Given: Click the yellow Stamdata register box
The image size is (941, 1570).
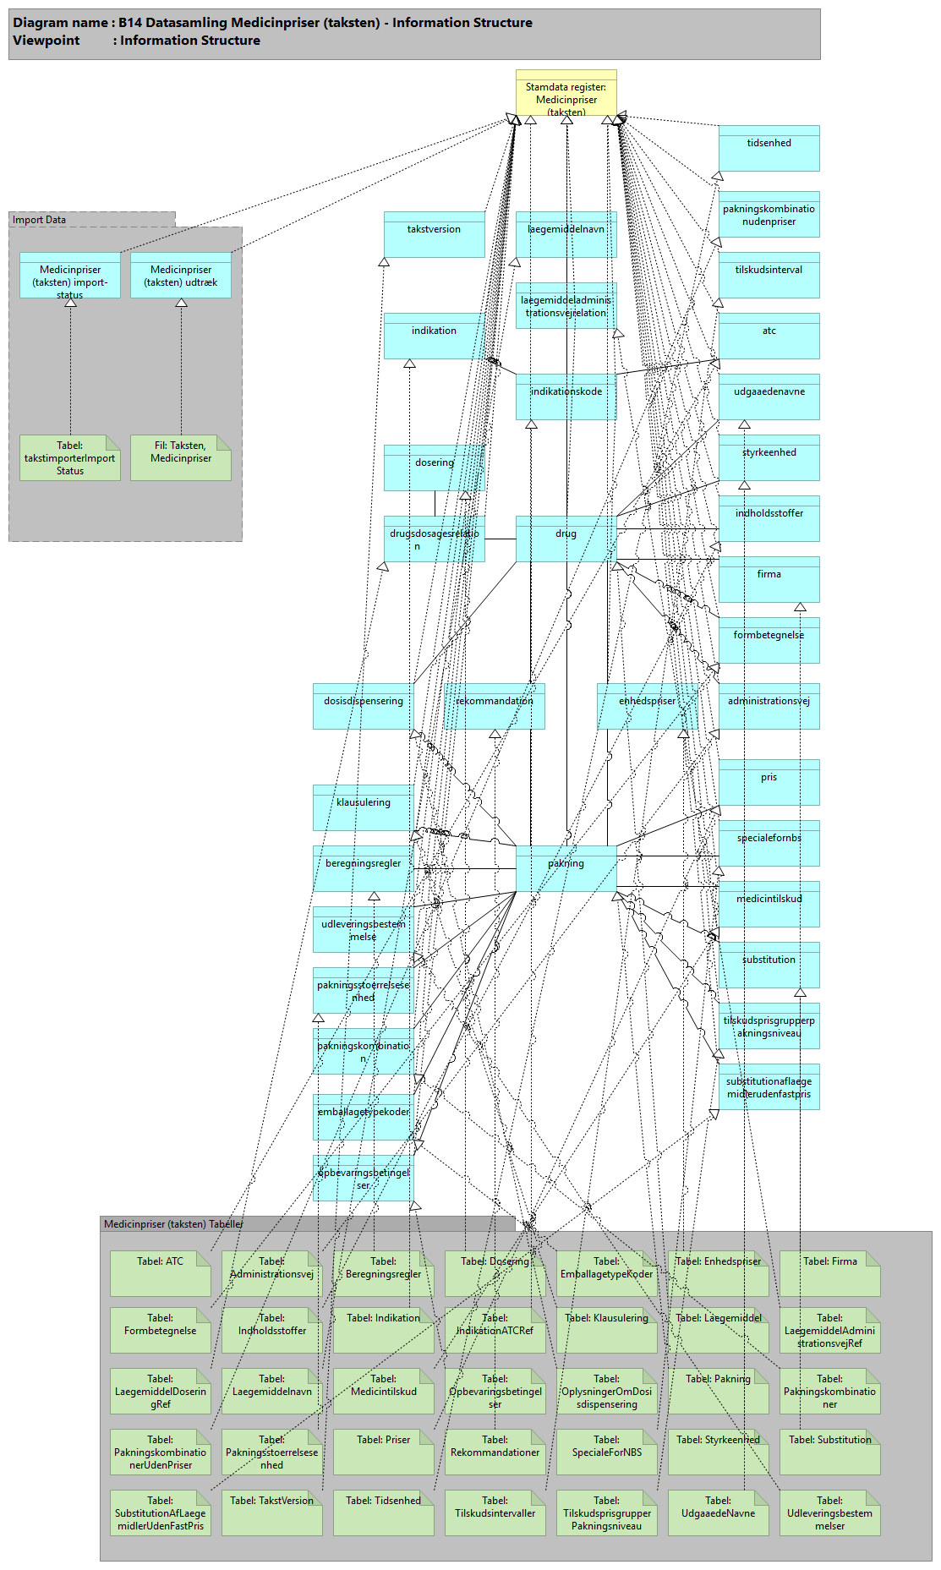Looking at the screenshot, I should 566,93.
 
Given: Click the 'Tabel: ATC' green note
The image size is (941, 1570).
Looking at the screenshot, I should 160,1273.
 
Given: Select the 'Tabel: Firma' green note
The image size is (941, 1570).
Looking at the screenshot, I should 829,1273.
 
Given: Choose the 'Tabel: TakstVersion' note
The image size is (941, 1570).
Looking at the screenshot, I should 271,1513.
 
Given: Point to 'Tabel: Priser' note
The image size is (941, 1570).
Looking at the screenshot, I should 383,1452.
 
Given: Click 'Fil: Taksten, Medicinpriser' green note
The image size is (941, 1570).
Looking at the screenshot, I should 180,457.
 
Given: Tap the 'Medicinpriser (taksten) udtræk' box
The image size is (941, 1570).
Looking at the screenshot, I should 180,276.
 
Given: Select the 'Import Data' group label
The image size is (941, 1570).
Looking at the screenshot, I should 39,220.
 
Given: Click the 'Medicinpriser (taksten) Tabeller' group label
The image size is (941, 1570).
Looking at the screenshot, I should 173,1224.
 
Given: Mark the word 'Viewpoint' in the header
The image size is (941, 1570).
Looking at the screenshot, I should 47,41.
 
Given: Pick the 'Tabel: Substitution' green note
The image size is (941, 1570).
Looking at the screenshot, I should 829,1452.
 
